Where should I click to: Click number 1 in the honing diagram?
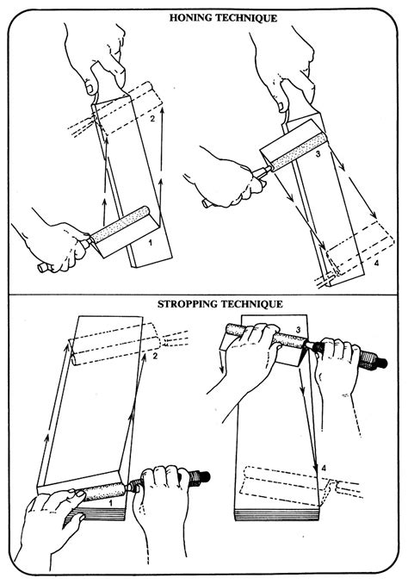tap(150, 244)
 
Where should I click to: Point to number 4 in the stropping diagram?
tap(324, 467)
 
